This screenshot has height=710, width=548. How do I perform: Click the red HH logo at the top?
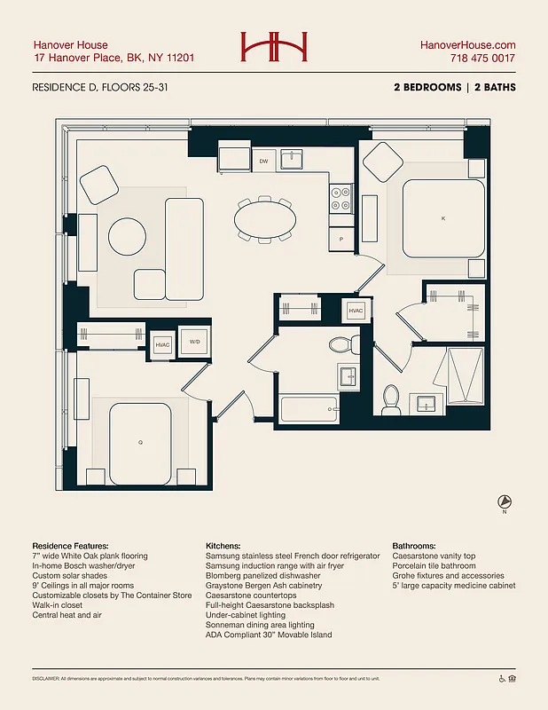click(x=274, y=47)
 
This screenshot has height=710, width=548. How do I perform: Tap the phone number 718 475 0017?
click(x=483, y=59)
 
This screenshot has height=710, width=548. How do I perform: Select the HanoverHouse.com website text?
click(x=467, y=44)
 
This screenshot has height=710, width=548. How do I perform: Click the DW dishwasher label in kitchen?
click(x=263, y=161)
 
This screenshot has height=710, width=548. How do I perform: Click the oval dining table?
click(x=265, y=216)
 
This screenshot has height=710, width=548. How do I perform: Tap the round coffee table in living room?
click(x=127, y=238)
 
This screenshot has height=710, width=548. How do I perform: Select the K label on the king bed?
click(x=443, y=217)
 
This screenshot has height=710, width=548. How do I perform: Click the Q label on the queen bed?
click(x=140, y=441)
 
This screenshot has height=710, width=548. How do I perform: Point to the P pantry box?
click(x=341, y=240)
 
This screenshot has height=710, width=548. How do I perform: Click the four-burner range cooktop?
click(x=341, y=198)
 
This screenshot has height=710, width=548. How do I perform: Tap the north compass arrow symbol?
click(x=504, y=502)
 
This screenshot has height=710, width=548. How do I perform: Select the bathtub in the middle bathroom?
click(x=308, y=409)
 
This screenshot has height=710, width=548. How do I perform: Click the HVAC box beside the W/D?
click(x=162, y=344)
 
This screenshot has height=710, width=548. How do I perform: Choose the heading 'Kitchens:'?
click(x=223, y=546)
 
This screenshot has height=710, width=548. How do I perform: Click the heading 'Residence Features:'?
click(x=70, y=546)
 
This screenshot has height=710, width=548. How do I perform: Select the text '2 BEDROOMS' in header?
click(x=427, y=88)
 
